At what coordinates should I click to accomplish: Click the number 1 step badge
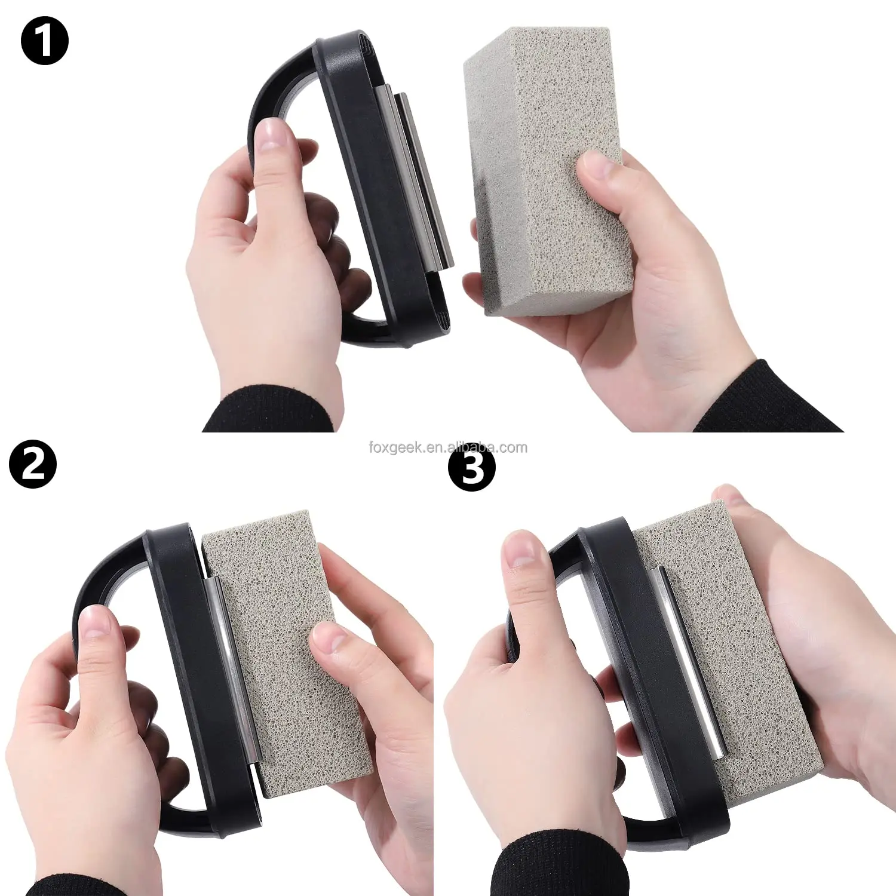pyautogui.click(x=45, y=41)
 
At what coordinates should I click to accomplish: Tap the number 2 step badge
pyautogui.click(x=33, y=465)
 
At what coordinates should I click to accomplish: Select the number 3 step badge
pyautogui.click(x=472, y=467)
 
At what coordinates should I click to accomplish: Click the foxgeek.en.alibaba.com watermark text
pyautogui.click(x=448, y=447)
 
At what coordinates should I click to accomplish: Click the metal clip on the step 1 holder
pyautogui.click(x=418, y=179)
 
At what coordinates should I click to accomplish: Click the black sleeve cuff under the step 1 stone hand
pyautogui.click(x=771, y=400)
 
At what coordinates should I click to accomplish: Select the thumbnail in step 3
pyautogui.click(x=520, y=550)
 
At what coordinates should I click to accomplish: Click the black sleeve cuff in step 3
pyautogui.click(x=556, y=866)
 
